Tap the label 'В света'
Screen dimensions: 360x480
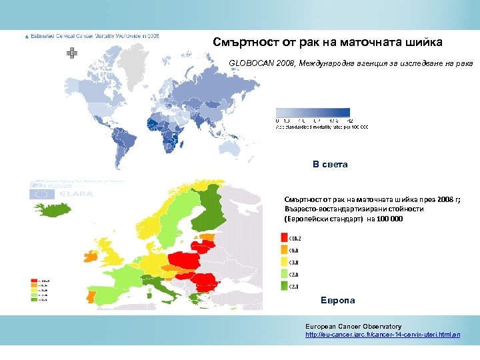pyautogui.click(x=331, y=164)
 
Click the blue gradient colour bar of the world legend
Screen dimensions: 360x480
pyautogui.click(x=313, y=113)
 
